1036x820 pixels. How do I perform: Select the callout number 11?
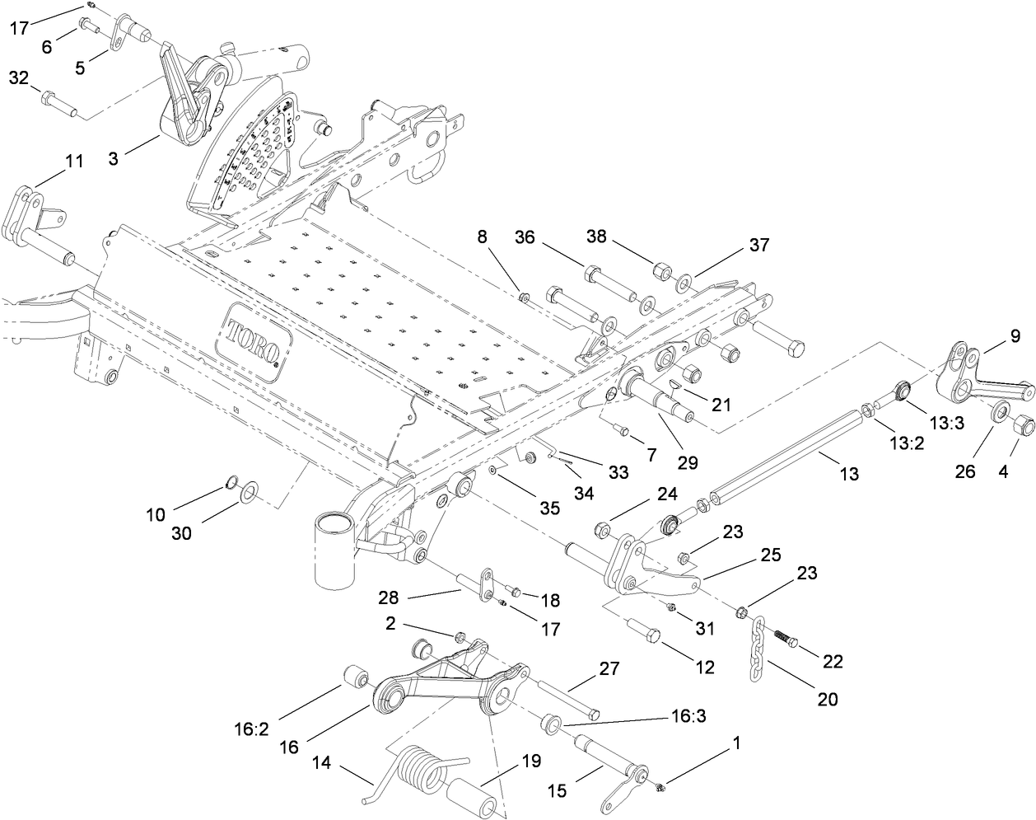(74, 162)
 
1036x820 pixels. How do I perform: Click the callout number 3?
(113, 158)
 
